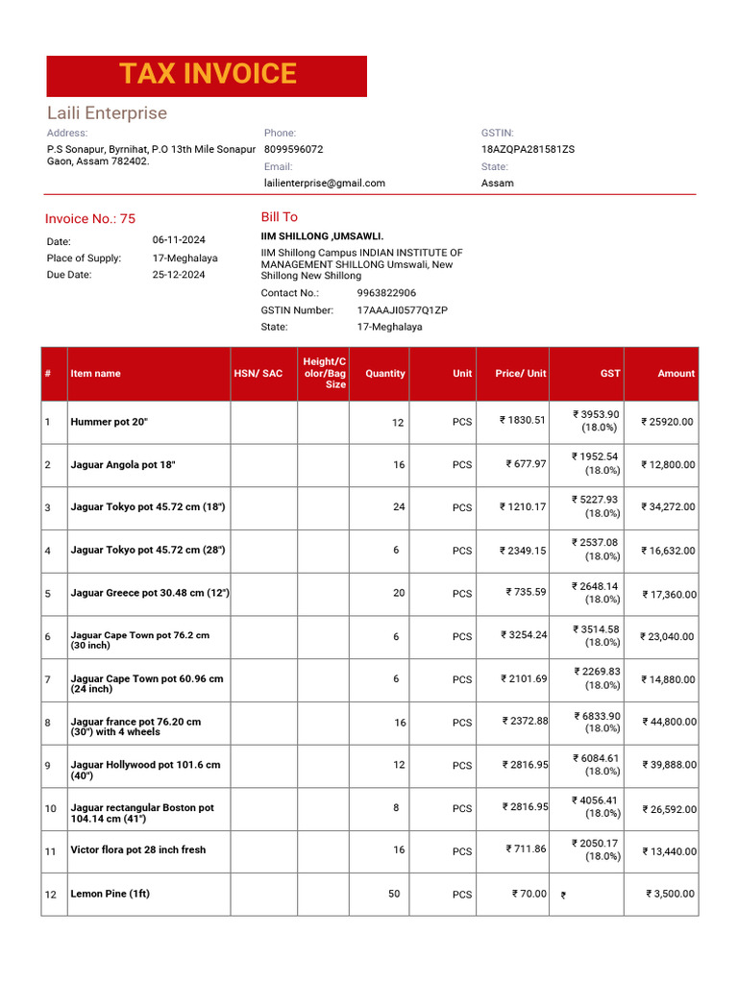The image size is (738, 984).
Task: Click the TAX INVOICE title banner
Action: pyautogui.click(x=207, y=75)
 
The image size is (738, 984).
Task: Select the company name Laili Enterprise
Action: pyautogui.click(x=107, y=113)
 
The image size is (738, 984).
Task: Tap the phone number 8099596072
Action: pyautogui.click(x=293, y=150)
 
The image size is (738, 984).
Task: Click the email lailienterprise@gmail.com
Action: pyautogui.click(x=324, y=183)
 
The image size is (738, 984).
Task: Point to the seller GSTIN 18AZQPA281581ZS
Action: pyautogui.click(x=528, y=150)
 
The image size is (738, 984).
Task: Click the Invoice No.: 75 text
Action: pyautogui.click(x=90, y=219)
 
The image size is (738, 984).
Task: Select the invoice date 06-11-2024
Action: pyautogui.click(x=178, y=239)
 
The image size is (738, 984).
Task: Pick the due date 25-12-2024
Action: pyautogui.click(x=178, y=274)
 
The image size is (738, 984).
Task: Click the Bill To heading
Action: pyautogui.click(x=279, y=217)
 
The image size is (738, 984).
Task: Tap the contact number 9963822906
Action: pyautogui.click(x=386, y=293)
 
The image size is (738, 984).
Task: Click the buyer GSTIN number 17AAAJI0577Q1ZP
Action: pyautogui.click(x=402, y=310)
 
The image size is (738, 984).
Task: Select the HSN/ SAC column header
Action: pyautogui.click(x=258, y=374)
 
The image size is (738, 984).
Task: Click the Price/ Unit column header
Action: pyautogui.click(x=520, y=374)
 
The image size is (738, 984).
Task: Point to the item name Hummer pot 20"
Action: pyautogui.click(x=109, y=422)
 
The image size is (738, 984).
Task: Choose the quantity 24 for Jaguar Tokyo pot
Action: pyautogui.click(x=399, y=506)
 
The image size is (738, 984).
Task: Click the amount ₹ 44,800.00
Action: pyautogui.click(x=669, y=723)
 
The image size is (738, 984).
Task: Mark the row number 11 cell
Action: pyautogui.click(x=51, y=851)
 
